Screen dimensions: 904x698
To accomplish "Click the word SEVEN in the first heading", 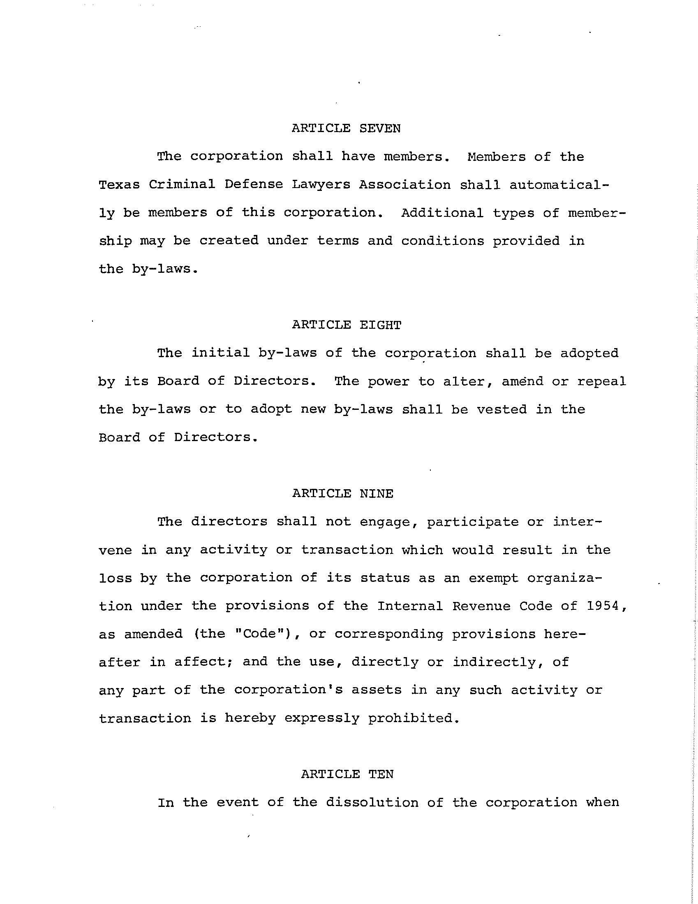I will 379,129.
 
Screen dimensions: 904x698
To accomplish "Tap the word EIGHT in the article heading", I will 380,325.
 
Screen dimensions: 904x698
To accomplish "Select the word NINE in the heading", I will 376,494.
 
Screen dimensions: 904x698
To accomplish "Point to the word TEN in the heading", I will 381,774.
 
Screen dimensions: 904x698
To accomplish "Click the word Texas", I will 119,185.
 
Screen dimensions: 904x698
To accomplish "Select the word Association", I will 404,185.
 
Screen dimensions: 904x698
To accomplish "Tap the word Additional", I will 442,213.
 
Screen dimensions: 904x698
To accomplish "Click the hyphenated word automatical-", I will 559,185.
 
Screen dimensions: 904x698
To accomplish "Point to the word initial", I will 220,353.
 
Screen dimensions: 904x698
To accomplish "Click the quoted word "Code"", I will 259,634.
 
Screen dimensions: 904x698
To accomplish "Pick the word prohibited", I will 413,718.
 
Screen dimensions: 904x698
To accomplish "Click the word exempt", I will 493,578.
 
